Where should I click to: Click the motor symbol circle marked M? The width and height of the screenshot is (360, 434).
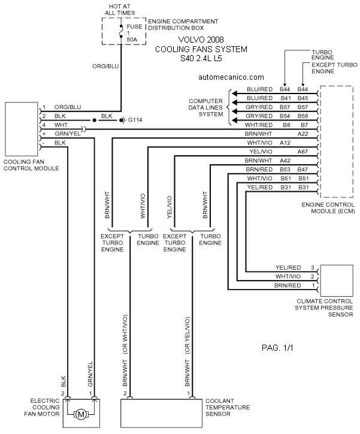[x=81, y=414]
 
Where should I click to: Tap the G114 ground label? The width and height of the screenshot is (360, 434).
[x=135, y=120]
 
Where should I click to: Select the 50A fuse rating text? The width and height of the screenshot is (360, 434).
[x=132, y=40]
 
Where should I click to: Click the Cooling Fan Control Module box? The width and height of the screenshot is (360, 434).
[x=22, y=129]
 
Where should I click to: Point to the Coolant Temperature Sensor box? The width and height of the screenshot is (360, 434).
[x=161, y=413]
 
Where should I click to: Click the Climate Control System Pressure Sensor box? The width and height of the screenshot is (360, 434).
[x=337, y=281]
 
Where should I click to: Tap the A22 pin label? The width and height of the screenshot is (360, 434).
[x=302, y=134]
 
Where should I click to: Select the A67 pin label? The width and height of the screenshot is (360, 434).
[x=302, y=152]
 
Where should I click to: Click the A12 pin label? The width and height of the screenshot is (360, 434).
[x=285, y=143]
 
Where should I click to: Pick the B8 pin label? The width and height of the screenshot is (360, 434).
[x=287, y=125]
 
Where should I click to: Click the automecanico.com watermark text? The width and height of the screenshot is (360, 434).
[x=231, y=77]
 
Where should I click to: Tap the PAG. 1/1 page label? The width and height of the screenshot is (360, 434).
[x=277, y=348]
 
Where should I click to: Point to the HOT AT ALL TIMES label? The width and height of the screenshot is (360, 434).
[x=120, y=10]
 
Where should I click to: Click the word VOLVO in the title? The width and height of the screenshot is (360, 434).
[x=190, y=40]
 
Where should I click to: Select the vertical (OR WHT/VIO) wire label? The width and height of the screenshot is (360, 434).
[x=125, y=334]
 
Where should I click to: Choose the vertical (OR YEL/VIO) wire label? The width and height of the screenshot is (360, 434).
[x=187, y=335]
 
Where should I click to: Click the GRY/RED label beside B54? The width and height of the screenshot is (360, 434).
[x=259, y=116]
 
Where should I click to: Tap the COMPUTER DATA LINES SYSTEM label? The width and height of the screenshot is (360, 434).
[x=205, y=107]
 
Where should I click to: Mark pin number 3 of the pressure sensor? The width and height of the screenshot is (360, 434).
[x=313, y=267]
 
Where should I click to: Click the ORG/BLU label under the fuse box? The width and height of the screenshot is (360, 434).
[x=105, y=66]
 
